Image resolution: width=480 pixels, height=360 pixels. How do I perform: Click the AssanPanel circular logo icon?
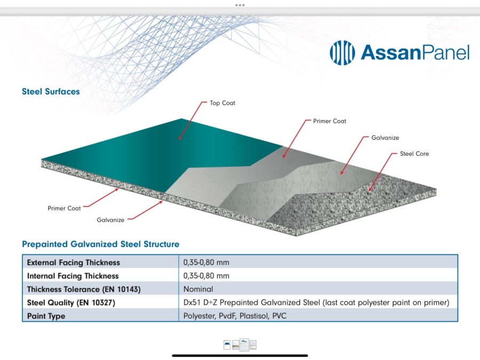tap(342, 52)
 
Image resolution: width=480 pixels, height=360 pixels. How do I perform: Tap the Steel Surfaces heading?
tap(51, 92)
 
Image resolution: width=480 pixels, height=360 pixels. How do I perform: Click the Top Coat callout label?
tap(222, 103)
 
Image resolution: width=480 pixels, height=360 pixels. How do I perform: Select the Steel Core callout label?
tap(414, 154)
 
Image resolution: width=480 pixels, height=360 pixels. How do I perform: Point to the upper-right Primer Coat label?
tap(330, 121)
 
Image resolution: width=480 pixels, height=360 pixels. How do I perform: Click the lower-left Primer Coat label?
tap(64, 209)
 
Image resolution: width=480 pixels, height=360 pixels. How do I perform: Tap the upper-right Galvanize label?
tap(385, 138)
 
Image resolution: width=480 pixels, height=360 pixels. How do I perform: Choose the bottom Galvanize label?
tap(110, 220)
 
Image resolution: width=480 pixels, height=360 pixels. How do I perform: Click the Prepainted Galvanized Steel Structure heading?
tap(100, 244)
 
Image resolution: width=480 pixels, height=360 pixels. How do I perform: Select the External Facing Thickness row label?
tap(74, 262)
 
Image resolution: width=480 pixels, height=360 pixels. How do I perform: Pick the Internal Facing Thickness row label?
tap(73, 276)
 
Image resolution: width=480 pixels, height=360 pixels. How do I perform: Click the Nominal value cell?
tap(198, 289)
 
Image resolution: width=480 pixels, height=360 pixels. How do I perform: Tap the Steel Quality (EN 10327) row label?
tap(71, 302)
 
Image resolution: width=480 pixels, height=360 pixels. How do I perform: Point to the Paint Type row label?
tap(46, 316)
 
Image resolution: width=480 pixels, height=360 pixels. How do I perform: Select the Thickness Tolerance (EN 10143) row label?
tap(84, 289)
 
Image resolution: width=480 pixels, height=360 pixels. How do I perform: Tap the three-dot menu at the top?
tap(240, 5)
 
